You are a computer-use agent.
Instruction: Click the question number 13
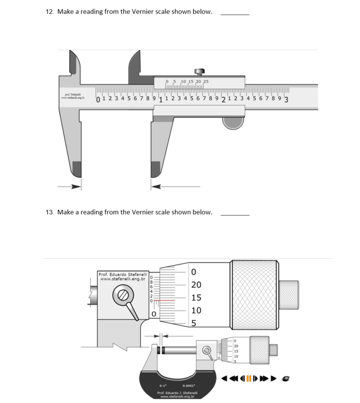(49, 212)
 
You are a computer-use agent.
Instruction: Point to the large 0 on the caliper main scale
(98, 100)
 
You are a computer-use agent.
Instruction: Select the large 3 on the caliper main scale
(287, 100)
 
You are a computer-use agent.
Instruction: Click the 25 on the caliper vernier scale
(206, 82)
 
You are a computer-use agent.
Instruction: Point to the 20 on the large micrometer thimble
(196, 285)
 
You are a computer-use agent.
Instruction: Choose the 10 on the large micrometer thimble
(196, 311)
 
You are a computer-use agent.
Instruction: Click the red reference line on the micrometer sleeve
(163, 301)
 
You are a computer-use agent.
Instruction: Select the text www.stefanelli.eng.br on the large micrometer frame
(123, 279)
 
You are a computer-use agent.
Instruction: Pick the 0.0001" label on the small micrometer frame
(190, 385)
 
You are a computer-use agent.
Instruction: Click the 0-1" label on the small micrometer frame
(162, 385)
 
